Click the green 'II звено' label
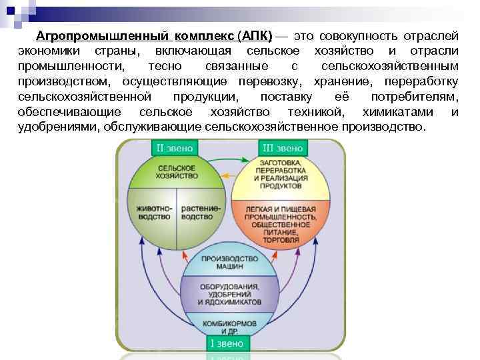175,147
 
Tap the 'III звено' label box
282,147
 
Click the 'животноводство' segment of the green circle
154,213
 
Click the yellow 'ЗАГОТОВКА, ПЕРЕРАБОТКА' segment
281,175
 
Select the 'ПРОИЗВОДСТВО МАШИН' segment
229,263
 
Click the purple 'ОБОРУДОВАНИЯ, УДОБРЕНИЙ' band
229,293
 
